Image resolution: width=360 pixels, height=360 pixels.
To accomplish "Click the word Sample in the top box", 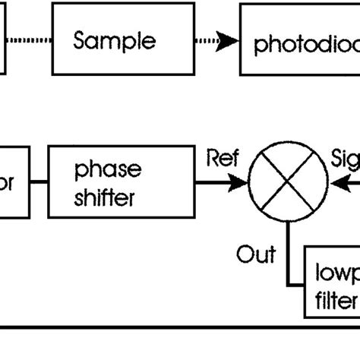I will coord(114,41).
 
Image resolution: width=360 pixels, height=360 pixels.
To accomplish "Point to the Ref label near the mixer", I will coord(222,159).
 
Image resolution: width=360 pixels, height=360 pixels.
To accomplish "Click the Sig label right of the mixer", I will coord(346,159).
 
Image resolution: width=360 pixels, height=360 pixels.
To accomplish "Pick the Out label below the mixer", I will coord(256,253).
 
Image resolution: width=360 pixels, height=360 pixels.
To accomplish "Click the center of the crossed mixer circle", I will coord(289,183).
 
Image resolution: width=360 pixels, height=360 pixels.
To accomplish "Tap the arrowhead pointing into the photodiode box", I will coord(227,43).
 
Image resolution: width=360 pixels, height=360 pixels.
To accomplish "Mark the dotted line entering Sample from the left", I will coord(30,43).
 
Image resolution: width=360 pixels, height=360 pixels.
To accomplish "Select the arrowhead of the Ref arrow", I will coord(242,183).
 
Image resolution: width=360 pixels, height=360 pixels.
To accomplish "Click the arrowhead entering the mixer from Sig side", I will coord(336,183).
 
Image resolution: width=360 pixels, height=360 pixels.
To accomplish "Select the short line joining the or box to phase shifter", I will coord(39,183).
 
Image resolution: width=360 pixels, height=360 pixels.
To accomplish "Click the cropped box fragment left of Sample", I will coord(3,42).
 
